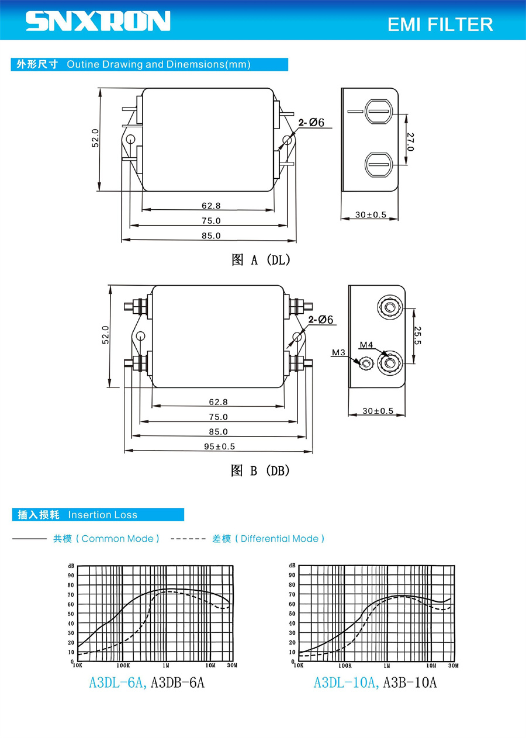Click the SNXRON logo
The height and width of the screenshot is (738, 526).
[x=98, y=21]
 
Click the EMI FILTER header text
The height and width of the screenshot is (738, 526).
[x=440, y=25]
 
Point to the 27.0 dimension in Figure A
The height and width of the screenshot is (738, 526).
[x=410, y=141]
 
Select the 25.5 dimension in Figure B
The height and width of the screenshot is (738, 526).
[x=417, y=336]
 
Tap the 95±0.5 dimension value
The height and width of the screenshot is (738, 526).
[x=219, y=446]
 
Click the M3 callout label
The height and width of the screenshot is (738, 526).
[x=338, y=352]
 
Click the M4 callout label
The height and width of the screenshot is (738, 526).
[x=366, y=345]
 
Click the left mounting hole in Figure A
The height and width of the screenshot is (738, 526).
[x=130, y=139]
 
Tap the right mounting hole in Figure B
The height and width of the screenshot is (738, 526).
[x=297, y=337]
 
